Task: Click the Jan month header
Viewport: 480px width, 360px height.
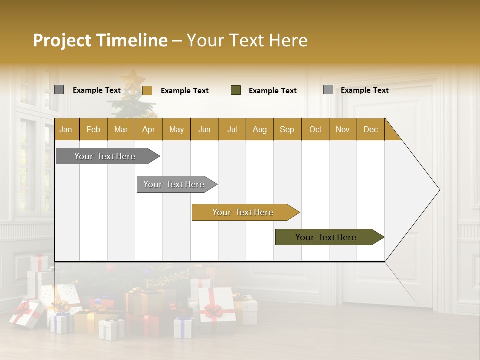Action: pos(66,129)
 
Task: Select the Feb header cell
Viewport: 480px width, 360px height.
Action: pos(93,129)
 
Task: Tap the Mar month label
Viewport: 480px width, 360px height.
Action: pos(121,129)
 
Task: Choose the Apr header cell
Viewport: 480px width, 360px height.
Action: pos(148,129)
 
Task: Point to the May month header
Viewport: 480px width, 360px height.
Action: pos(176,129)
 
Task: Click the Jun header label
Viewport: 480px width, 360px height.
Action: pos(204,129)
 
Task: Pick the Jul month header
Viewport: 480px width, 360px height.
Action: pos(232,129)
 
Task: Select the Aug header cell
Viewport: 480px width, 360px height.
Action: pos(260,129)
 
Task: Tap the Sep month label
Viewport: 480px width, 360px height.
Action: pos(287,129)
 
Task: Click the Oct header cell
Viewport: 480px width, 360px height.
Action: pos(315,129)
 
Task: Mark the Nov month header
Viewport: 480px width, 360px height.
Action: pos(343,129)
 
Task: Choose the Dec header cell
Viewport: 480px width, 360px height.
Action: pos(370,129)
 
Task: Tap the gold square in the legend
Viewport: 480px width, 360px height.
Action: pos(147,90)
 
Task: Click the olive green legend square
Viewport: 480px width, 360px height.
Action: pos(236,90)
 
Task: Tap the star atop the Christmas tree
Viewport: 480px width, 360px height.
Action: pos(132,79)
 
